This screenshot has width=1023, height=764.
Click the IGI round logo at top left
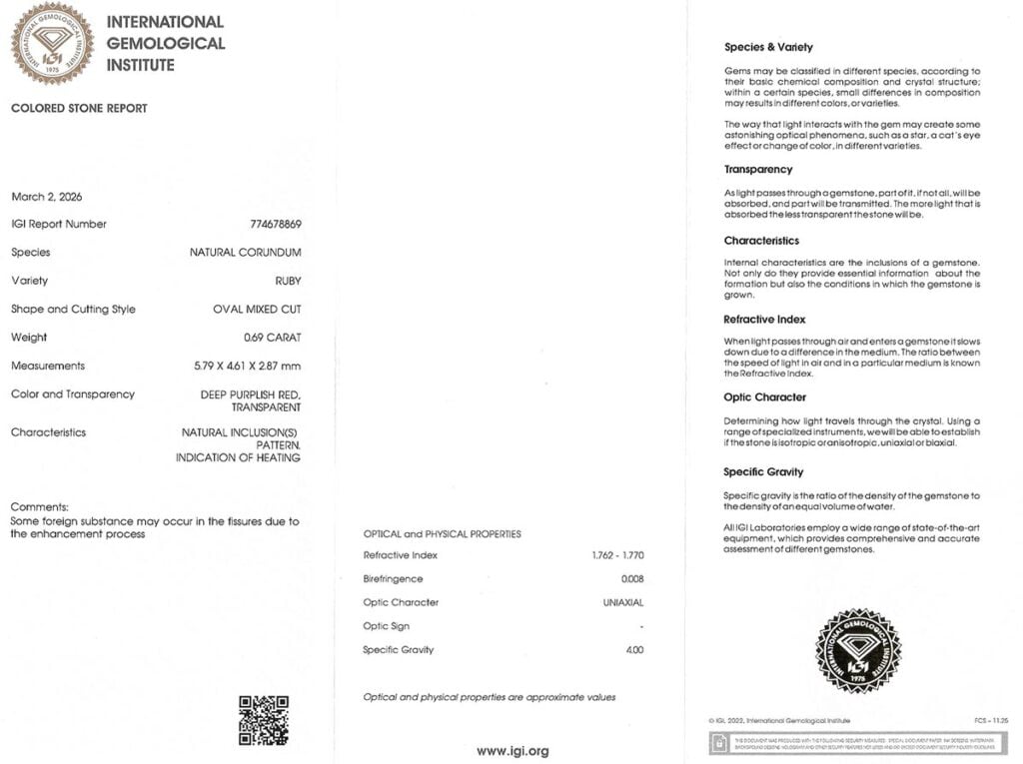[52, 43]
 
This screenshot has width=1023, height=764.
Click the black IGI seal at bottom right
[858, 650]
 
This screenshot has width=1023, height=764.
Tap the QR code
[264, 720]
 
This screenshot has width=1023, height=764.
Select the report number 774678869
[275, 225]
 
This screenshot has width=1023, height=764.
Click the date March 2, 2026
[47, 197]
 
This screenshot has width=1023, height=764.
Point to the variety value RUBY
[288, 281]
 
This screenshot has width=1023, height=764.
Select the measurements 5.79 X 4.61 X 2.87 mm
[247, 366]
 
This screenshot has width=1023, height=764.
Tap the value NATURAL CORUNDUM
[245, 253]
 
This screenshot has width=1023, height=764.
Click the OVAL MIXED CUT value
[257, 310]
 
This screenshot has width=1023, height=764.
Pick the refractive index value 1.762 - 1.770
[617, 555]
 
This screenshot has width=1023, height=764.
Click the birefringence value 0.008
[631, 579]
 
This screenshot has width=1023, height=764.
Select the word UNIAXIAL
[623, 603]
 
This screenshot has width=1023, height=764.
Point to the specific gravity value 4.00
[633, 650]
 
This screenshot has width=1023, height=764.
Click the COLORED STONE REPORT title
[79, 109]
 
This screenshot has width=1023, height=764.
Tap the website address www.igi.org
[512, 751]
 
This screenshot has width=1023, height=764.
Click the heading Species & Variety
[768, 47]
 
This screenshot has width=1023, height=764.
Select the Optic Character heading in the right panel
[765, 397]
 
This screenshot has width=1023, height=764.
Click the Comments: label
[39, 507]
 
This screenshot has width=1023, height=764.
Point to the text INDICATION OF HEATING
[238, 457]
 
